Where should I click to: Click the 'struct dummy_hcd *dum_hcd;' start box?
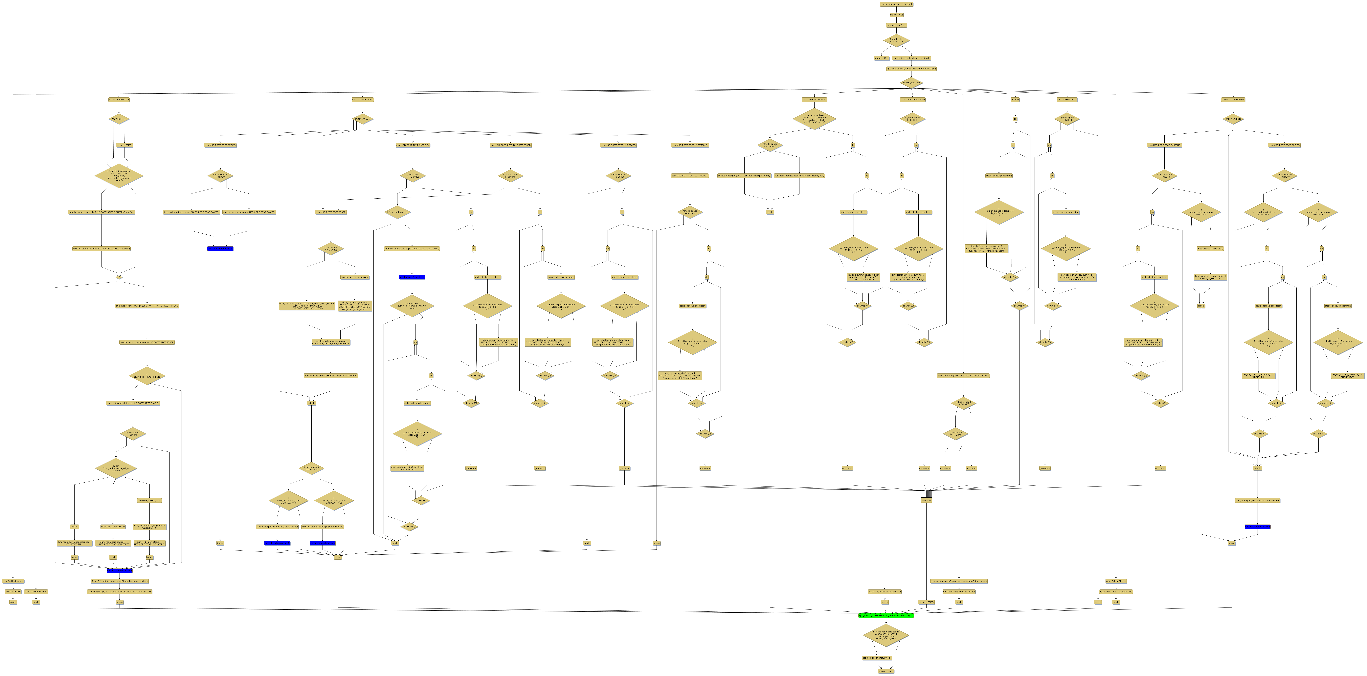[x=896, y=4]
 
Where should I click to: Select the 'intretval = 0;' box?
[x=896, y=15]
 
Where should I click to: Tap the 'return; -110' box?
[x=881, y=58]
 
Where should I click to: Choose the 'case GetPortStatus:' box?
[x=119, y=100]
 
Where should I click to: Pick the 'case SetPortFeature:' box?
[x=362, y=100]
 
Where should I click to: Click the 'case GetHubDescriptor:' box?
[x=814, y=100]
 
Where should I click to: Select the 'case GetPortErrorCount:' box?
[x=912, y=100]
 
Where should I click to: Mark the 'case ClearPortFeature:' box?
[x=1233, y=100]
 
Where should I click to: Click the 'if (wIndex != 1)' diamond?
[x=119, y=119]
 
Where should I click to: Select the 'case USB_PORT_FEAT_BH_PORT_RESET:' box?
[x=510, y=145]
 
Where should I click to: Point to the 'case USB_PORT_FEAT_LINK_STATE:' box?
[x=618, y=145]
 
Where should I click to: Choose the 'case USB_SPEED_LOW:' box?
[x=150, y=501]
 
